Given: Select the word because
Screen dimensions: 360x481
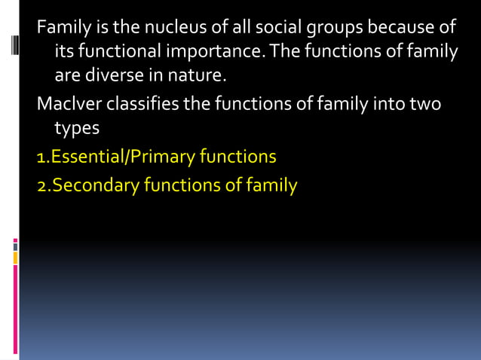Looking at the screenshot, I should coord(373,29).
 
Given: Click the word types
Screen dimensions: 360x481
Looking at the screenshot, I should coord(77,128).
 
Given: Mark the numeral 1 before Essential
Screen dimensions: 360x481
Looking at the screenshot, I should coord(41,157).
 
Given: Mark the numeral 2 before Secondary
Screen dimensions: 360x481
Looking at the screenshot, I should coord(42,185).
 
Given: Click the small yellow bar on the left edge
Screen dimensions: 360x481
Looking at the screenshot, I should coord(14,258).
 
